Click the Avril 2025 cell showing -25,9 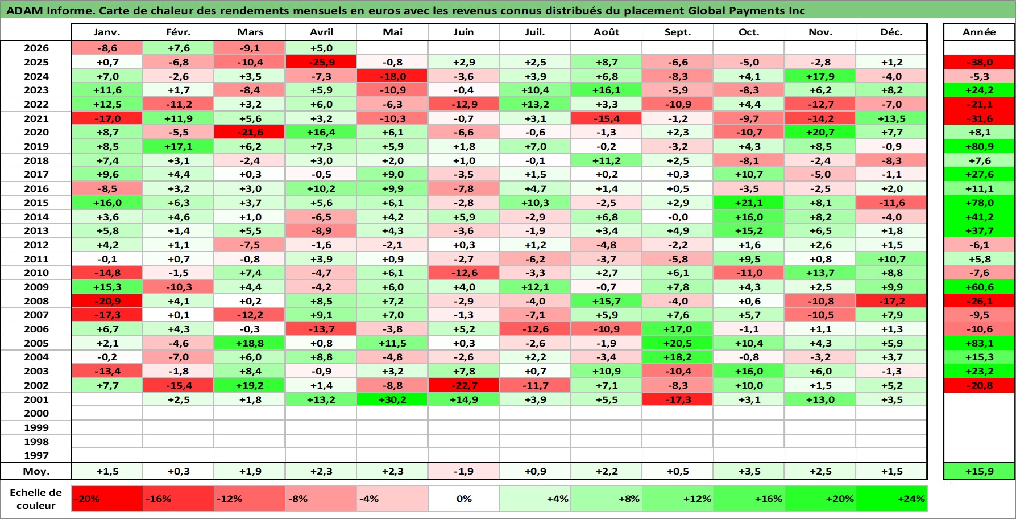click(x=321, y=62)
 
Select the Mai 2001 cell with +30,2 click(x=392, y=399)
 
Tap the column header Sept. click(x=677, y=32)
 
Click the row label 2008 click(x=36, y=301)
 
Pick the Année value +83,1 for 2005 click(x=979, y=343)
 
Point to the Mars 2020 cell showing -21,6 click(x=250, y=132)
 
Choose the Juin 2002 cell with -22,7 click(x=463, y=385)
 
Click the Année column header click(x=979, y=32)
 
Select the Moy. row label click(x=36, y=471)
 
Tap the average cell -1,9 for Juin click(x=463, y=471)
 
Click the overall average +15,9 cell click(x=979, y=471)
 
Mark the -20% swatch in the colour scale click(x=107, y=499)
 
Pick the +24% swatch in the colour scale click(x=891, y=499)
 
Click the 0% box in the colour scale click(x=463, y=499)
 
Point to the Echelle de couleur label click(x=36, y=499)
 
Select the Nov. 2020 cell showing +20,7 click(x=820, y=132)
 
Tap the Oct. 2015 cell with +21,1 click(x=749, y=203)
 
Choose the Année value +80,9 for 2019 click(x=979, y=146)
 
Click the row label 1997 click(x=36, y=455)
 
